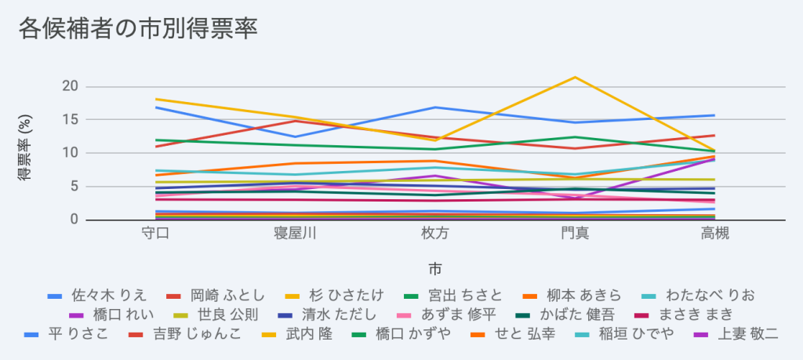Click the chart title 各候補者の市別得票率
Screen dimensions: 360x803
[x=138, y=28]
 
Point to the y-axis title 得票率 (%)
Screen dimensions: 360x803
[x=25, y=153]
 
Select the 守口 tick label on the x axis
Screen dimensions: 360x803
[x=157, y=234]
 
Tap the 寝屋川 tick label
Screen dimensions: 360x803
[x=295, y=234]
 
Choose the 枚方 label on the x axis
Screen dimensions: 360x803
[x=434, y=234]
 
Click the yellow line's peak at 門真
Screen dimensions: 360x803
[x=575, y=77]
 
